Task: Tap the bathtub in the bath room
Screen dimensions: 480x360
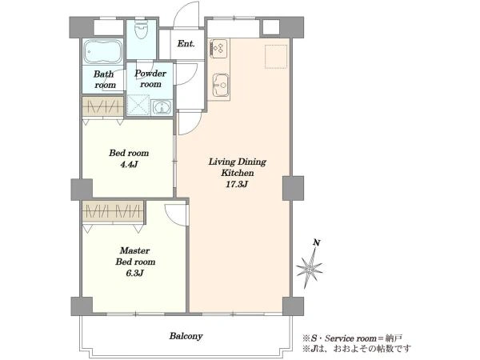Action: click(102, 52)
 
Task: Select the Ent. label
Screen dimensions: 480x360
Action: click(186, 43)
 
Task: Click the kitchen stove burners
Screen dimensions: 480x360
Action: click(219, 48)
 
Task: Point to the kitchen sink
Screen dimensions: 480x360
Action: click(221, 85)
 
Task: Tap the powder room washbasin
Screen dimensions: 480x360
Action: click(162, 107)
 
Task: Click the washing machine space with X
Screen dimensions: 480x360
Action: click(138, 105)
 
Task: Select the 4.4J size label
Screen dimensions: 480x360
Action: click(129, 164)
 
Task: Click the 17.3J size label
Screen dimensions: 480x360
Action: click(237, 184)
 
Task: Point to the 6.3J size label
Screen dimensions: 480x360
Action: click(134, 273)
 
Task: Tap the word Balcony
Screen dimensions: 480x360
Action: click(186, 336)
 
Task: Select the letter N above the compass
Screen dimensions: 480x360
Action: click(317, 243)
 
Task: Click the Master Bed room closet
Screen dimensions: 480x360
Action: click(113, 211)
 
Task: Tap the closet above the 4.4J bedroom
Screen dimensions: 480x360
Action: click(103, 106)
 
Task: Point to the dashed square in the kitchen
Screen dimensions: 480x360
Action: click(276, 56)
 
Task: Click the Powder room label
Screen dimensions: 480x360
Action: click(150, 78)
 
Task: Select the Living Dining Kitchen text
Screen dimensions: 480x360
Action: click(238, 167)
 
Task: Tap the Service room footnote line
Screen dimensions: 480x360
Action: click(352, 338)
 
